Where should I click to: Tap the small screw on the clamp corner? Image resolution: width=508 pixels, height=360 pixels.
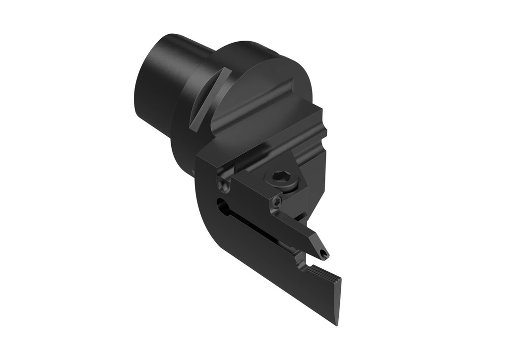277,201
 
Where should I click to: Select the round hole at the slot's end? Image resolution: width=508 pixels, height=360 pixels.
221,206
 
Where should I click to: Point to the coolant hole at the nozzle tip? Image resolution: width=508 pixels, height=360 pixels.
324,255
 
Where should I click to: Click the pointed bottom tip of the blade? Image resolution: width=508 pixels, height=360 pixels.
336,323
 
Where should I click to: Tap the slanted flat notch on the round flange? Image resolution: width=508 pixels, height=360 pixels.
210,99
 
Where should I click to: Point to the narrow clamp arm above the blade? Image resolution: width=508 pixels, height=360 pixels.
298,233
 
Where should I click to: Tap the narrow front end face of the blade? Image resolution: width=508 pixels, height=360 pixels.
338,298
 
